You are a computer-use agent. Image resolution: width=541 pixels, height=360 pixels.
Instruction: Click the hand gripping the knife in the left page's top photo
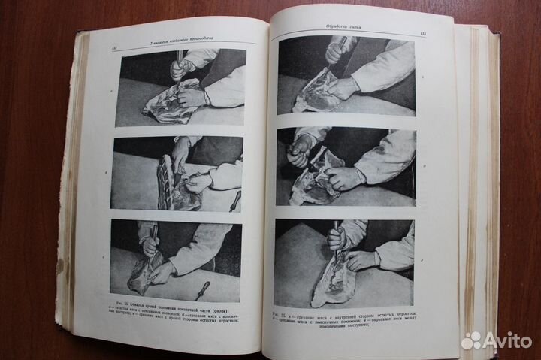180,69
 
